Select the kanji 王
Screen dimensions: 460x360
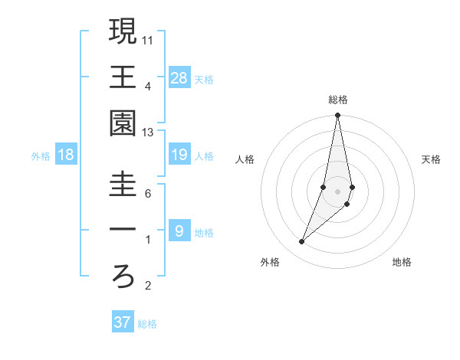coord(123,77)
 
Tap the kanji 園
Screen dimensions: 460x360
coord(123,123)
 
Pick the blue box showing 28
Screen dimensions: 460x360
coord(179,77)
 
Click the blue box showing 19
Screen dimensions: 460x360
coord(179,155)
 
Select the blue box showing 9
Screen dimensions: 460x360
coord(179,231)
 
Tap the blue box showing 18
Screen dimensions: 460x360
coord(66,155)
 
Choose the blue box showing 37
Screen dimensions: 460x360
coord(123,322)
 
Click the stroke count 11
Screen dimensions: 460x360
coord(147,39)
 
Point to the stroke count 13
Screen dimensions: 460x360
coord(147,133)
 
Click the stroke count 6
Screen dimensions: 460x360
coord(147,193)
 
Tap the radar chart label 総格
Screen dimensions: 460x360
coord(338,100)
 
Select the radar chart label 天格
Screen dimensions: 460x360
coord(431,159)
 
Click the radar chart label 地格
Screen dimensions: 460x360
coord(402,262)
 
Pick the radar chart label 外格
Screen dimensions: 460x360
coord(270,262)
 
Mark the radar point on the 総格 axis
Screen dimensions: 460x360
coord(337,116)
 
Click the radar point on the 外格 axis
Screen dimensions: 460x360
coord(301,242)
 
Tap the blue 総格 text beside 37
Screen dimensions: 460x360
coord(147,324)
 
